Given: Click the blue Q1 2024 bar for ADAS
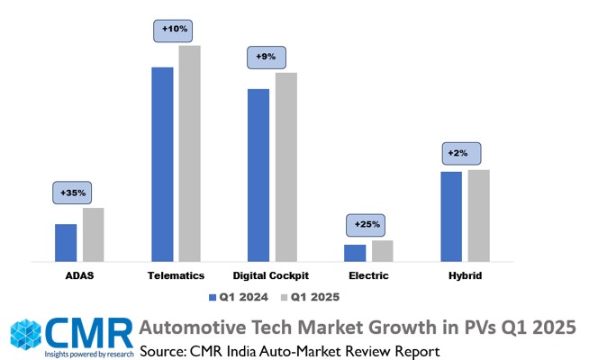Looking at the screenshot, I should coord(66,242).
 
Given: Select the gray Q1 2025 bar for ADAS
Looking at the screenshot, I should coord(93,234).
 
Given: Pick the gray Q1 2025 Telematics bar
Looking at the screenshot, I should coord(189,153).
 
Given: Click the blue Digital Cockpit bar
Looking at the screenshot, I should coord(258,175).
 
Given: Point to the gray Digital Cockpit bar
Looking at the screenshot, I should coord(285,166).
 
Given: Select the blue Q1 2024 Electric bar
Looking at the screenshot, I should coord(355,252).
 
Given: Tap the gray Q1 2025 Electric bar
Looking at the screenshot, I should coord(382,250).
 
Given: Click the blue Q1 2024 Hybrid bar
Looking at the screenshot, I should coord(451,216).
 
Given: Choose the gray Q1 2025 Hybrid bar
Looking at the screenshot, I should coord(478,215).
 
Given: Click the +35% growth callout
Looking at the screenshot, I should coord(73,193).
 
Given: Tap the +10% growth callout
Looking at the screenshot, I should coord(175,30).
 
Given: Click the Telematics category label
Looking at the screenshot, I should coord(176,275).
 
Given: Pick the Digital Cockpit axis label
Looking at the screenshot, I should coord(271,275).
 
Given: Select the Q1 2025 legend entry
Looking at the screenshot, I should coord(309,296).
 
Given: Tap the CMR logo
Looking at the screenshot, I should coord(71,336).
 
